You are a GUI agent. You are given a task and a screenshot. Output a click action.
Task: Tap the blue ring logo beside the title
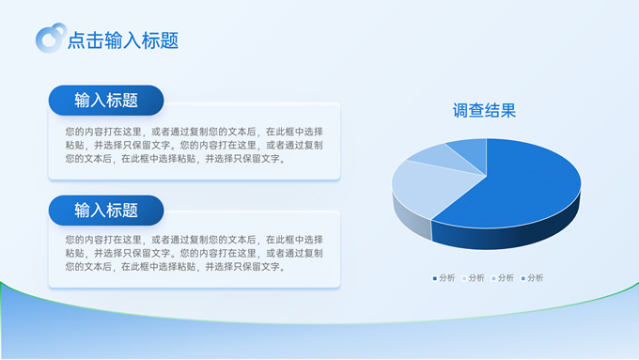pos(49,39)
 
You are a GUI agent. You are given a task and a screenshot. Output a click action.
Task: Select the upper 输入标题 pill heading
pos(106,101)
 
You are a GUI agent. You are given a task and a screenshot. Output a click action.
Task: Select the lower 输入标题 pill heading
pos(106,210)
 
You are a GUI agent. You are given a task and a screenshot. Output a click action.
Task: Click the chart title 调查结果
pos(484,111)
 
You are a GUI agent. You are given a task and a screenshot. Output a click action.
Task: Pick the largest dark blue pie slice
pos(517,188)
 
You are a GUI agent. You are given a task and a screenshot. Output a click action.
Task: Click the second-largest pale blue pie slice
pos(423,188)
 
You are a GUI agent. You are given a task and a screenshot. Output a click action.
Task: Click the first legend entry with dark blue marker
pos(444,278)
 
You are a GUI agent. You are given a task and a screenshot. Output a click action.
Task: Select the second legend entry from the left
pos(475,278)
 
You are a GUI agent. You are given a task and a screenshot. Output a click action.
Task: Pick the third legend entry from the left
pos(505,278)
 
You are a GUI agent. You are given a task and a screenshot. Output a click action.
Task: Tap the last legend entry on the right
pos(535,278)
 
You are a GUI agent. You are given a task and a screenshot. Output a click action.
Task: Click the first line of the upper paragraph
pos(194,133)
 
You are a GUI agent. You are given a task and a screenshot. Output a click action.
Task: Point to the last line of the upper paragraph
pos(175,159)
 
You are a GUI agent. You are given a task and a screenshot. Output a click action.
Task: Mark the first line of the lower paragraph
pos(194,241)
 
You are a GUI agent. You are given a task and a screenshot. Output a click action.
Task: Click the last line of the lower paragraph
pos(175,267)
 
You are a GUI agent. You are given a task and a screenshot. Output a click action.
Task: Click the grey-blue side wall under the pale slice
pos(409,219)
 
